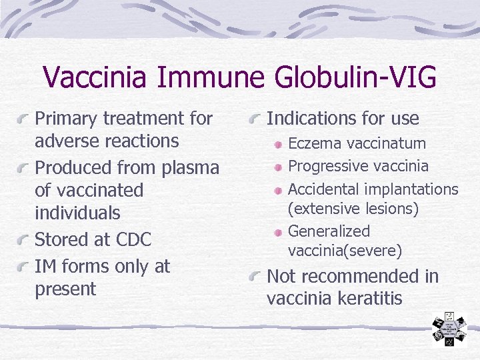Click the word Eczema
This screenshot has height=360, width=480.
(x=313, y=143)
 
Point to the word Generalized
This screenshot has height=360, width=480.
(x=329, y=231)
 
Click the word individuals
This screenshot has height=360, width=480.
(x=77, y=213)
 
